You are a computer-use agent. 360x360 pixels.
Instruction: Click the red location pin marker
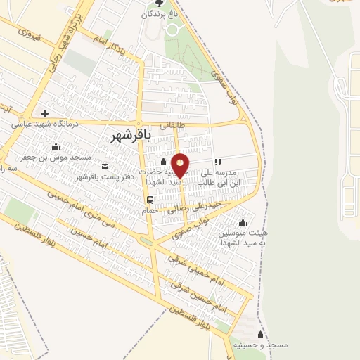point(181,165)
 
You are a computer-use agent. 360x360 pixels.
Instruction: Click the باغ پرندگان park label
point(161,14)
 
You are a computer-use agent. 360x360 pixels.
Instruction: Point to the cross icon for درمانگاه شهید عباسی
point(44,112)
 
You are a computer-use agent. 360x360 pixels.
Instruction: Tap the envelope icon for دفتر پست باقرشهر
point(105,167)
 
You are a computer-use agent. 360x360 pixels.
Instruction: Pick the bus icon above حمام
point(150,200)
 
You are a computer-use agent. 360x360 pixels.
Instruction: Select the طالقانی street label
point(170,126)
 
